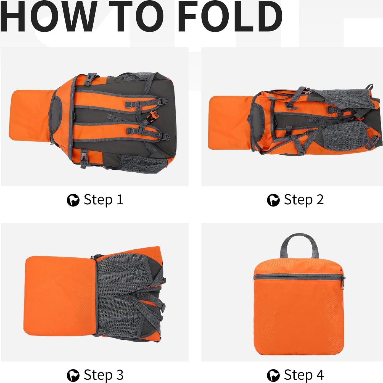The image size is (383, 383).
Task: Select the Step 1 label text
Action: coord(103,200)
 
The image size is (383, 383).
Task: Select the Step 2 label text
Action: coord(303,200)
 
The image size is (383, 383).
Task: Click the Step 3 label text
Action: coord(103,375)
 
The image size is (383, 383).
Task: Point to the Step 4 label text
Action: coord(303,375)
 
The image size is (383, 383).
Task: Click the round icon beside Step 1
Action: coord(73,200)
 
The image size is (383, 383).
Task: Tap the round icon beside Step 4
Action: coord(273,376)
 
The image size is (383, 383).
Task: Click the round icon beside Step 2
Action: coord(273,200)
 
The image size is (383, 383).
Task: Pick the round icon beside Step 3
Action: coord(73,376)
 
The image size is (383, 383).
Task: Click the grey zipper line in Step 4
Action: coord(298,277)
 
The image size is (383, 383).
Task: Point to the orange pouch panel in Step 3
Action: coord(59,297)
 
